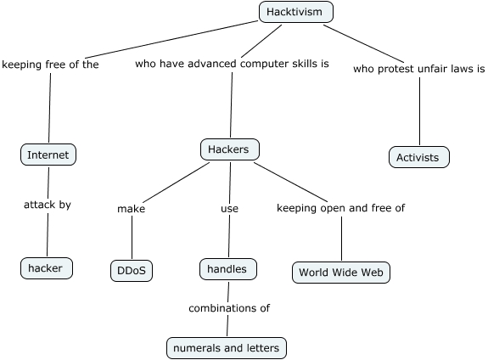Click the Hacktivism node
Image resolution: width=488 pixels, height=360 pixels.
pyautogui.click(x=296, y=12)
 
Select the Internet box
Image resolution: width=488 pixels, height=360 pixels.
pyautogui.click(x=48, y=155)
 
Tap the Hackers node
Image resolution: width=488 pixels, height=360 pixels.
pyautogui.click(x=230, y=149)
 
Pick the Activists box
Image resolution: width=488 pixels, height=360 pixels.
pyautogui.click(x=419, y=157)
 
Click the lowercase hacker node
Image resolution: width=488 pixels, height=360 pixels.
pyautogui.click(x=47, y=268)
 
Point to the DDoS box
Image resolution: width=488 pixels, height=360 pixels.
pyautogui.click(x=132, y=271)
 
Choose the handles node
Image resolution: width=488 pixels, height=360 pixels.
pyautogui.click(x=228, y=269)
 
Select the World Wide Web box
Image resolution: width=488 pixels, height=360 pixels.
pyautogui.click(x=341, y=273)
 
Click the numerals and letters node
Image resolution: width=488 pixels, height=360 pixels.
pyautogui.click(x=227, y=348)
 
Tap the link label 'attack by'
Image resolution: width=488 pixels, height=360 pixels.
pyautogui.click(x=48, y=205)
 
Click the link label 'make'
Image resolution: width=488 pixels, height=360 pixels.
pyautogui.click(x=131, y=209)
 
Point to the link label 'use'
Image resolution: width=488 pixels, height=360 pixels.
pyautogui.click(x=230, y=208)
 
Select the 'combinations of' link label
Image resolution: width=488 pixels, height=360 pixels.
pyautogui.click(x=229, y=308)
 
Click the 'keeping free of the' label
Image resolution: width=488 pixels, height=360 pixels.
pyautogui.click(x=50, y=65)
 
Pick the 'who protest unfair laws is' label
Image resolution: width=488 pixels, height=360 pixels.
pyautogui.click(x=419, y=69)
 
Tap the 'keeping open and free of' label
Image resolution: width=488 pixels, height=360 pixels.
pyautogui.click(x=341, y=208)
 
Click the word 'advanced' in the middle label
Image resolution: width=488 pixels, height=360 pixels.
pyautogui.click(x=212, y=64)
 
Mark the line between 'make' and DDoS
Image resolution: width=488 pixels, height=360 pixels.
pyautogui.click(x=132, y=237)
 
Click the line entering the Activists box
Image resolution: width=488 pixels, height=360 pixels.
pyautogui.click(x=419, y=111)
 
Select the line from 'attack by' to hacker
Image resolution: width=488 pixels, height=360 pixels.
pyautogui.click(x=48, y=234)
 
